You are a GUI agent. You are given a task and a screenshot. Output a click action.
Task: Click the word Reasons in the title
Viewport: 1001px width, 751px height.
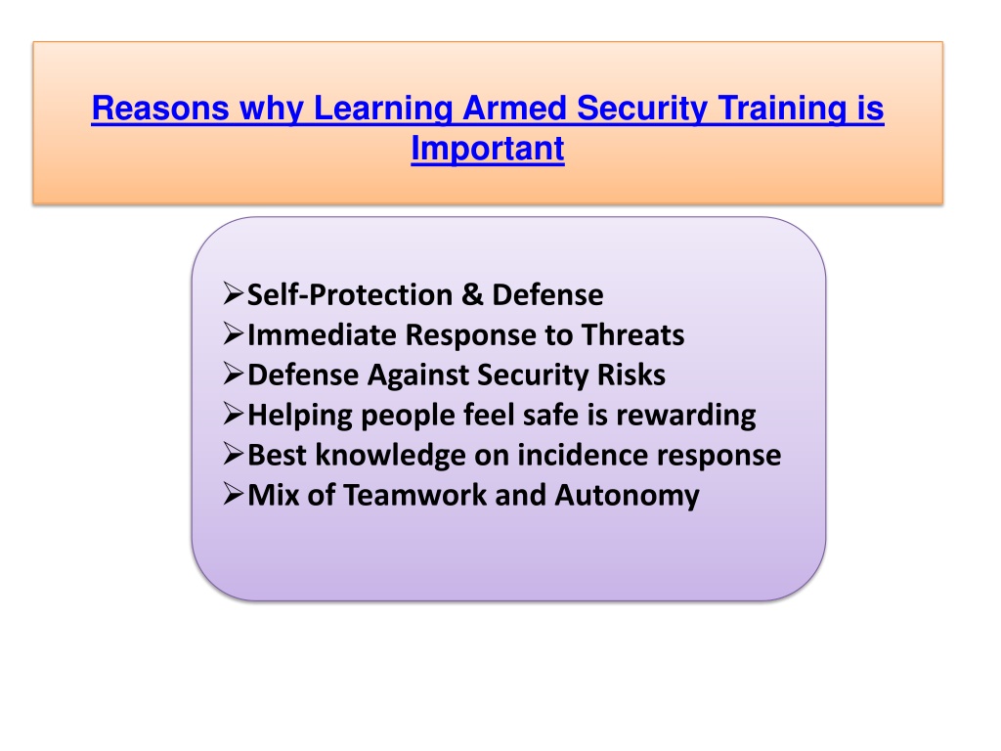coord(160,108)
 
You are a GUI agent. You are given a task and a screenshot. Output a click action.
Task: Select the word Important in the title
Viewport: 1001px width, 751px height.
coord(488,149)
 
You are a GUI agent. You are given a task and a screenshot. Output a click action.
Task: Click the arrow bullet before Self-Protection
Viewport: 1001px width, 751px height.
coord(233,293)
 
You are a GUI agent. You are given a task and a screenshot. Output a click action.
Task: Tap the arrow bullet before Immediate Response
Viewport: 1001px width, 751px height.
coord(233,334)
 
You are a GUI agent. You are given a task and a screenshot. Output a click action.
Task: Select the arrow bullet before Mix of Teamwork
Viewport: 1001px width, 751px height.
coord(233,494)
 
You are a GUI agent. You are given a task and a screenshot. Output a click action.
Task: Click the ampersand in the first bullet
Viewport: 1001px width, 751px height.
coord(472,295)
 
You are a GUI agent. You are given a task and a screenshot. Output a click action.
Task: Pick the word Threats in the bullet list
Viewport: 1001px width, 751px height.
coord(632,334)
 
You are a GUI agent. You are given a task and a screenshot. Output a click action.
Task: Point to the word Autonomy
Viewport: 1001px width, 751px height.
coord(627,496)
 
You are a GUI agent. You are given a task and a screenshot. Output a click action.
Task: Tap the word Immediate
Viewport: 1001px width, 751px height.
coord(322,334)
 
